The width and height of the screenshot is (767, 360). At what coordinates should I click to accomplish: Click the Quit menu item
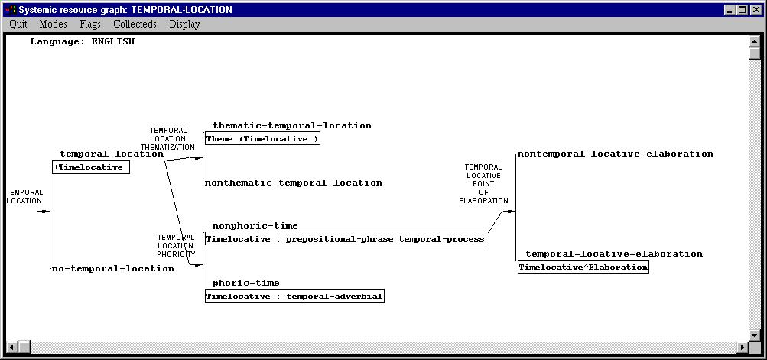click(18, 24)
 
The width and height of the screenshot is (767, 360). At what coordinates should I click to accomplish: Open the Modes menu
click(54, 24)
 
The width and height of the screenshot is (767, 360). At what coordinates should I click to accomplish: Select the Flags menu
click(90, 24)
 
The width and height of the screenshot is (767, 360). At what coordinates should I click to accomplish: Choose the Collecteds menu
click(135, 24)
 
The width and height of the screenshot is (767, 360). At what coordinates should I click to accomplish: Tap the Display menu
click(184, 24)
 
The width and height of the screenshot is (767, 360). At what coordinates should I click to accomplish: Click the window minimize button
click(730, 9)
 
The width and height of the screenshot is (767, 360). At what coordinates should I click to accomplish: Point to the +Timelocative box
click(91, 167)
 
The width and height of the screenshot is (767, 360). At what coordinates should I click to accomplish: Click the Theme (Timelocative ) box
click(262, 139)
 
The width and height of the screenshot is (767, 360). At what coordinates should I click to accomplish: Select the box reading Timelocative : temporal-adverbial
click(294, 297)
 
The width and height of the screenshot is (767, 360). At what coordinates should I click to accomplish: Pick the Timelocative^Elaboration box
click(583, 267)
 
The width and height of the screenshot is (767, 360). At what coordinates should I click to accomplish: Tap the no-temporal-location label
click(113, 268)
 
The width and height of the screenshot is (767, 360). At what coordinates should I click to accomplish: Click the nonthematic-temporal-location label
click(294, 183)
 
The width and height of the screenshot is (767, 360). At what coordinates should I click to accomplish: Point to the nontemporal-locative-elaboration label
click(616, 154)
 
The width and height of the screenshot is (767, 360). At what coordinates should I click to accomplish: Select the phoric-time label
click(246, 284)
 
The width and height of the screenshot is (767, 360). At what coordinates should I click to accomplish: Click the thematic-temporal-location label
click(292, 125)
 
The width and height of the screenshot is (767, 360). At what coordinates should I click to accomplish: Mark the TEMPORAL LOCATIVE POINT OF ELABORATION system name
click(483, 184)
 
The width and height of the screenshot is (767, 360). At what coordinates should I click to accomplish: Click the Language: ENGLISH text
click(82, 41)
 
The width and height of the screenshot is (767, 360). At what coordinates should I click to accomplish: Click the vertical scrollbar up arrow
click(754, 41)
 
